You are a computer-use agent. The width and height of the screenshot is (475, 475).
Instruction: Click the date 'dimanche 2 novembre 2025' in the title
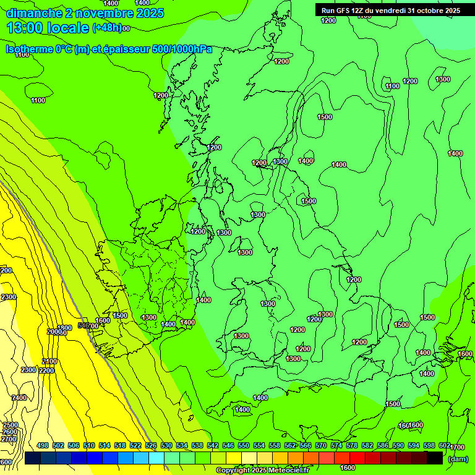85,13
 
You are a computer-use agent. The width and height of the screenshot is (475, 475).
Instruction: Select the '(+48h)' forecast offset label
107,28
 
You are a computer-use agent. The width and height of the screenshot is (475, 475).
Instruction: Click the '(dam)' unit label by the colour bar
457,458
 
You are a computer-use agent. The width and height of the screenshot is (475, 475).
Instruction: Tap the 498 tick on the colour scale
43,445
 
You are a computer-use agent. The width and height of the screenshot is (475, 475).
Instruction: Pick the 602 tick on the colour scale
444,445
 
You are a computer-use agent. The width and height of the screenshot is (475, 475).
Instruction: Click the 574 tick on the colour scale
336,445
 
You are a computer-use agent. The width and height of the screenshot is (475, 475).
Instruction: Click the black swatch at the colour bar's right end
435,458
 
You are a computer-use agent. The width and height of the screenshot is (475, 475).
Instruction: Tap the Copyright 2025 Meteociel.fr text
262,471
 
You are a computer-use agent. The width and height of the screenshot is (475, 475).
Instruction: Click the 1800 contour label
64,328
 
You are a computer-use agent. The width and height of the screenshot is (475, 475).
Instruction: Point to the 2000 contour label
54,332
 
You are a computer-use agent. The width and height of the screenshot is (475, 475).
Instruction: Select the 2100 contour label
49,361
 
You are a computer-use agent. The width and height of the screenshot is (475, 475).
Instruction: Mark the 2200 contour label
46,370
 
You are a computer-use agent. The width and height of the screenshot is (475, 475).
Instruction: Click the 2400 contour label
19,398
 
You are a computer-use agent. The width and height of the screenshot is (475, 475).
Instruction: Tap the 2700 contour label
9,439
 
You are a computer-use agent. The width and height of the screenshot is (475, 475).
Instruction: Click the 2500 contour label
10,426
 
